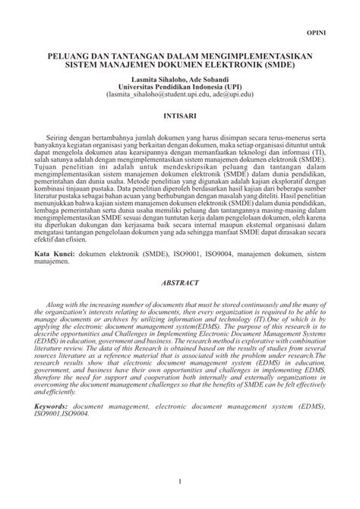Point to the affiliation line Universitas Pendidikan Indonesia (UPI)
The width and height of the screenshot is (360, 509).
pos(180,87)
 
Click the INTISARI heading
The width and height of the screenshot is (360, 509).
pos(180,117)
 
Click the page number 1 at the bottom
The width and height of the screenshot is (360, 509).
pos(180,482)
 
